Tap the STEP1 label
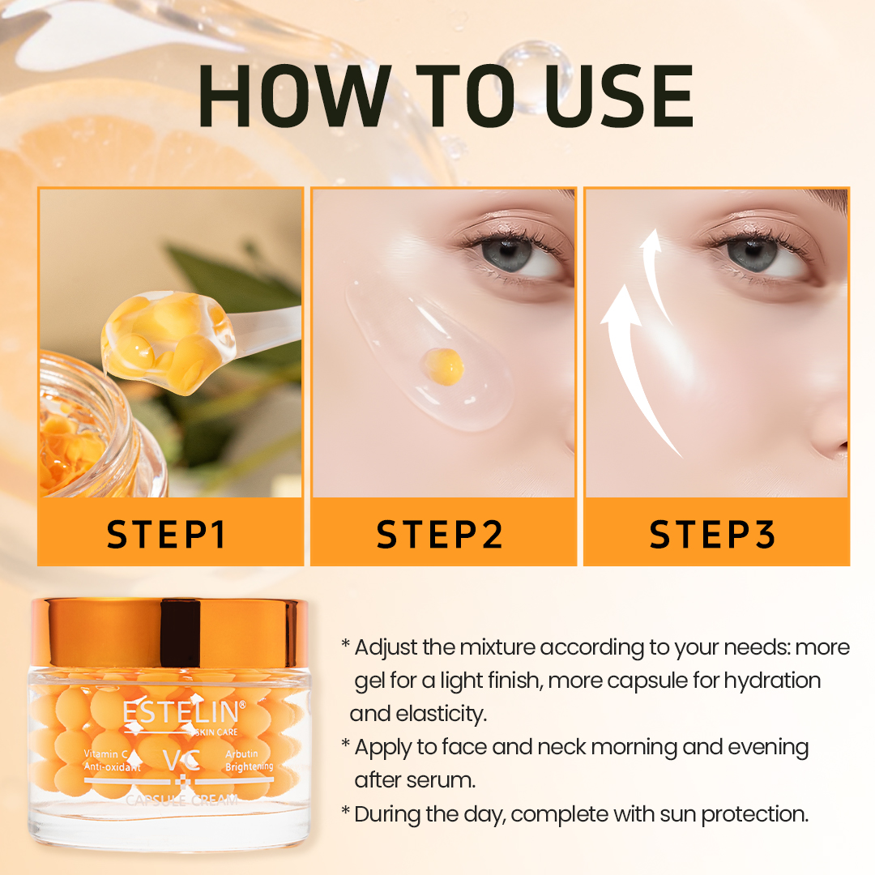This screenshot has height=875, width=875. (169, 535)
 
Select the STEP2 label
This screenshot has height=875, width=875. (441, 535)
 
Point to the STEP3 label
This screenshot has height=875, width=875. (714, 535)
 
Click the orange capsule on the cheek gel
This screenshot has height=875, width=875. (443, 365)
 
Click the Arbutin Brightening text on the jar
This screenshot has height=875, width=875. (248, 760)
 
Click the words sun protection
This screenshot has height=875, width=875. (753, 813)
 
